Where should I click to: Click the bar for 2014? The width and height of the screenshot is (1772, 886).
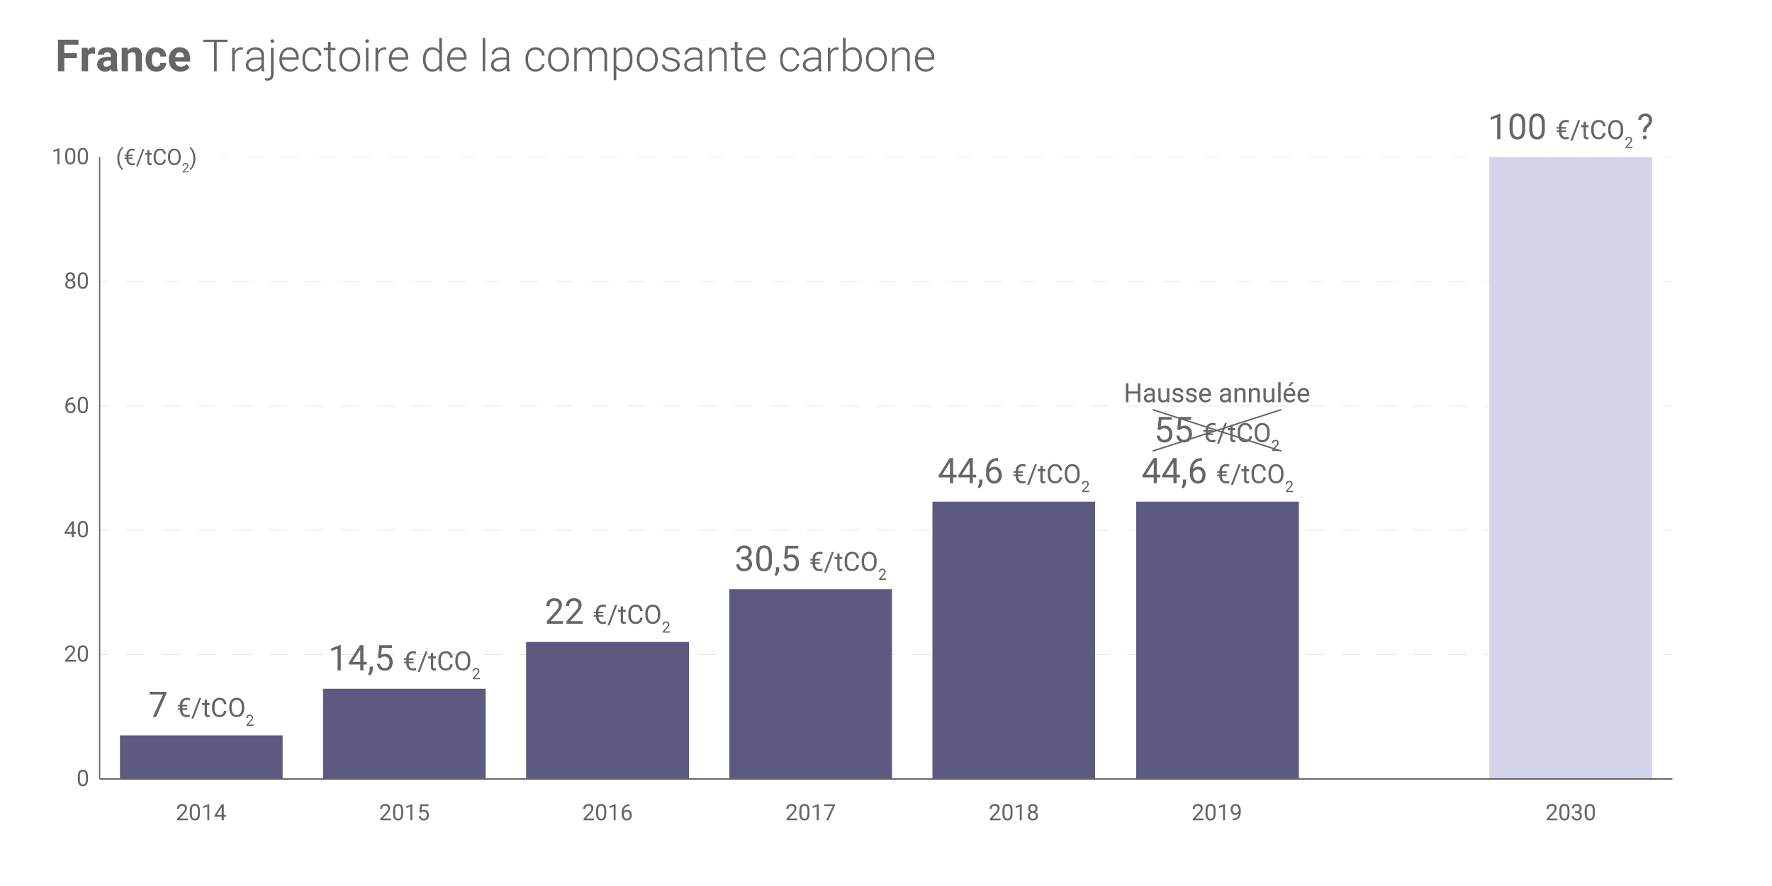pos(201,756)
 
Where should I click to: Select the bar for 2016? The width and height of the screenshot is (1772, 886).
pos(607,710)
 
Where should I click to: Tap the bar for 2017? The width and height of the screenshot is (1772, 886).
pos(810,683)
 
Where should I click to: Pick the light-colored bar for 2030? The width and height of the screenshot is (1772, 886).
pos(1570,468)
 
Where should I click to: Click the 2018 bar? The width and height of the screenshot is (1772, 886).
pos(1014,639)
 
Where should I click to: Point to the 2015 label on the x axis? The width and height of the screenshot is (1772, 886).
pos(404,812)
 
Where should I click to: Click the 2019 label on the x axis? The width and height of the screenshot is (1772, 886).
pos(1217,812)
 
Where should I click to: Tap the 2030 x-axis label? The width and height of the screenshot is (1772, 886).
pos(1570,812)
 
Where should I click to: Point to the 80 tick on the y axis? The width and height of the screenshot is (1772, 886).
pos(77,281)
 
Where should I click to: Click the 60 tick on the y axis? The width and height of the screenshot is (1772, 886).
pos(77,406)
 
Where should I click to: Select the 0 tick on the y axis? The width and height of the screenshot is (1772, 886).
pos(83,779)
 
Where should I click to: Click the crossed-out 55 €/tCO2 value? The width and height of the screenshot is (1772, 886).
pos(1217,431)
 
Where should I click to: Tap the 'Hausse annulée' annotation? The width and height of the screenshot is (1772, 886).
pos(1217,393)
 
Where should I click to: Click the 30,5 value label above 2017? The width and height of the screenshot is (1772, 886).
pos(810,561)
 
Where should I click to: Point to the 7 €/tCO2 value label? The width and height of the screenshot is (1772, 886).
pos(201,707)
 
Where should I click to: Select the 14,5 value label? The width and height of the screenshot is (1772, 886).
pos(404,660)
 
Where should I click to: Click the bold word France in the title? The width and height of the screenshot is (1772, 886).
pos(123,57)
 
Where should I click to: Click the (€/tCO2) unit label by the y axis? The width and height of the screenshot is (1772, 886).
pos(157,159)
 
